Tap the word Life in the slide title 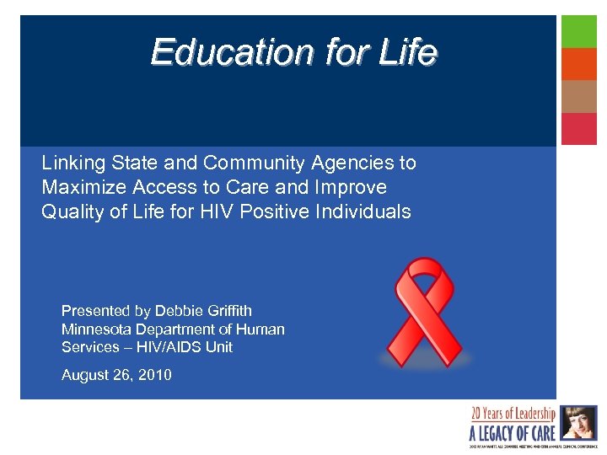point(408,52)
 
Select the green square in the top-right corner point(579,31)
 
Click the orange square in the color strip point(579,63)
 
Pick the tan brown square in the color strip point(579,96)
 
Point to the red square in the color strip point(579,129)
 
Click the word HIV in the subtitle point(218,211)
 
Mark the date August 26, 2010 point(116,375)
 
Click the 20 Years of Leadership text point(513,413)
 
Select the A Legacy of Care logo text point(512,432)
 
